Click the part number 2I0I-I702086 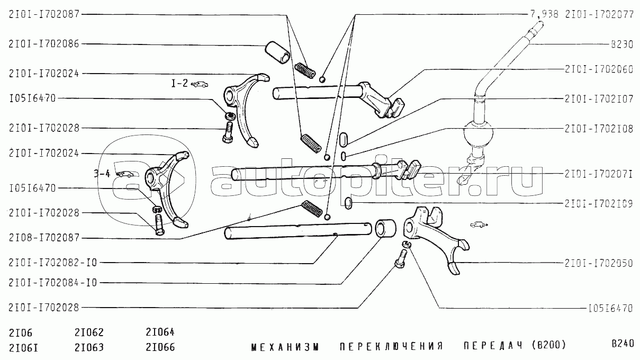(x=44, y=44)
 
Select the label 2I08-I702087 (x=44, y=238)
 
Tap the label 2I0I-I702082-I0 (x=53, y=263)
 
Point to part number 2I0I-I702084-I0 (x=53, y=283)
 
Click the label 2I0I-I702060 (x=599, y=69)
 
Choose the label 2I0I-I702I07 (x=599, y=99)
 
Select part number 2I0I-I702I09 (x=599, y=204)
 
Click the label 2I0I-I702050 (x=599, y=263)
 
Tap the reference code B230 (x=622, y=44)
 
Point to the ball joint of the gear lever (x=478, y=134)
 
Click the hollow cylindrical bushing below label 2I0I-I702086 (x=277, y=53)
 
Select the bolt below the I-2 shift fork (x=228, y=132)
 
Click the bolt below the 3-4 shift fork (x=159, y=224)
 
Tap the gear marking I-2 (x=179, y=84)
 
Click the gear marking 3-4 (x=102, y=174)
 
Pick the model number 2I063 (x=89, y=348)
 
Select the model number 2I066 (x=160, y=347)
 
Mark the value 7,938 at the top (x=545, y=14)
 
